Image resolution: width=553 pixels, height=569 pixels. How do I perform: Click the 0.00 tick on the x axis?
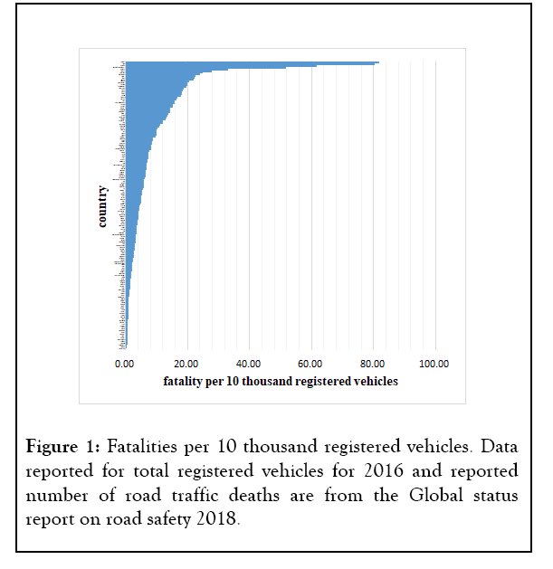(x=125, y=364)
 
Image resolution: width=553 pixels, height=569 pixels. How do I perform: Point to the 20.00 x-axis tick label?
(x=186, y=364)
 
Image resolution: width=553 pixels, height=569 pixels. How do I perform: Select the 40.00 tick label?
(x=249, y=364)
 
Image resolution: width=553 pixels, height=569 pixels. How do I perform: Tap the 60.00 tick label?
(x=311, y=364)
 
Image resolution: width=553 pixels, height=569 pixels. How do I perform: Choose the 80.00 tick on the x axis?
(x=374, y=364)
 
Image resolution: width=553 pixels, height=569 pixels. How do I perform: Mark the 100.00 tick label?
(x=435, y=364)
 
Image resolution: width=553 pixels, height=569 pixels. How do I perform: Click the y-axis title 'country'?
(x=103, y=206)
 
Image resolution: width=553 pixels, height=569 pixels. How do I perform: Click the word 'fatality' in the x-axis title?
(x=184, y=381)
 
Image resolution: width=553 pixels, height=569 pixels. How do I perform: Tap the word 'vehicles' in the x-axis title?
(x=374, y=381)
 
